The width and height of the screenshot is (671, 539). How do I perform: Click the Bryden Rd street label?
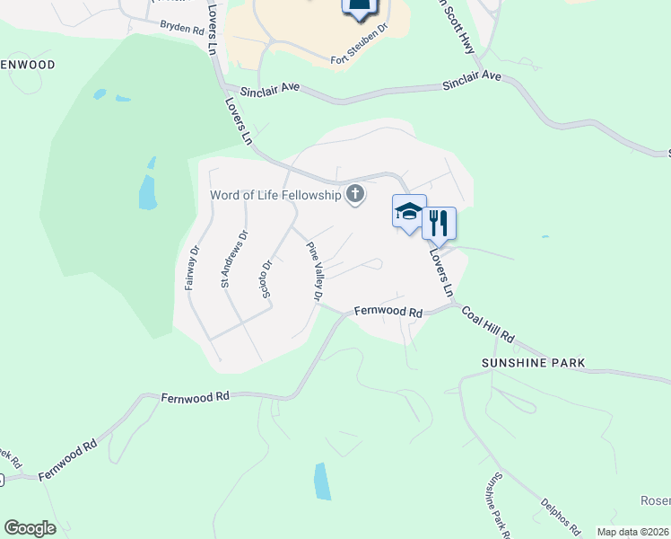[x=182, y=28]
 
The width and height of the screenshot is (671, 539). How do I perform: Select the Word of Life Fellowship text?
[x=275, y=195]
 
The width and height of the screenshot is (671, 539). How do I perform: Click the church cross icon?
[x=356, y=194]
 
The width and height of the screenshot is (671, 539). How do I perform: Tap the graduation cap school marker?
[x=409, y=212]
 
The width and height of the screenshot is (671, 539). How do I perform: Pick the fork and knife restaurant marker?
[x=439, y=222]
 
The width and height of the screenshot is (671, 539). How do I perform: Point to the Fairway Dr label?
[x=191, y=268]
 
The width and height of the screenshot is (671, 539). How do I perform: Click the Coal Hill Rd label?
[x=488, y=325]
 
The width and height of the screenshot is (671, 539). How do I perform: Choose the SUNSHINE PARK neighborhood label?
[x=533, y=363]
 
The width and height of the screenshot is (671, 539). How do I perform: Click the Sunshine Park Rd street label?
[x=496, y=505]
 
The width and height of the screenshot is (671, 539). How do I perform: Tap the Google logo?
[x=30, y=527]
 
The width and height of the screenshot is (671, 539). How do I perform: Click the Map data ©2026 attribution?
[x=633, y=532]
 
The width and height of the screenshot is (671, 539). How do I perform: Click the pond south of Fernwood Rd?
[x=322, y=481]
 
